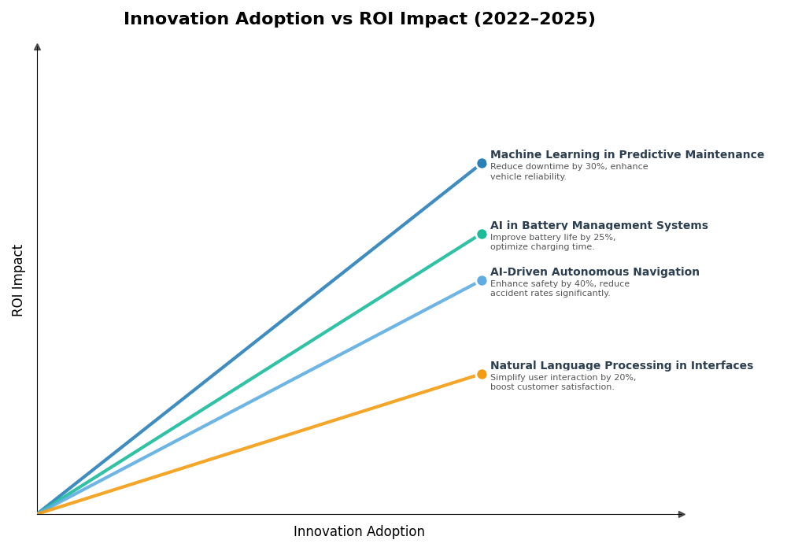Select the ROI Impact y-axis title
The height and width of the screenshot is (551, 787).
pyautogui.click(x=18, y=280)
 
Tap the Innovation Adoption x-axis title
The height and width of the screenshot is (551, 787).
pyautogui.click(x=359, y=532)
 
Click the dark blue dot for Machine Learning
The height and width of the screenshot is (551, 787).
pyautogui.click(x=482, y=164)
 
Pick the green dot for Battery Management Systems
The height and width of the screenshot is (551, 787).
pyautogui.click(x=482, y=234)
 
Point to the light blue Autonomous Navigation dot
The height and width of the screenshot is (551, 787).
pyautogui.click(x=482, y=280)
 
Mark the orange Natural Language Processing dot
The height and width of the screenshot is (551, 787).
pyautogui.click(x=482, y=375)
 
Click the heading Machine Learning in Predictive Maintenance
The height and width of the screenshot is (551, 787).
pyautogui.click(x=626, y=155)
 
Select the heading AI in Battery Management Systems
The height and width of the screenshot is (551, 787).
pyautogui.click(x=599, y=226)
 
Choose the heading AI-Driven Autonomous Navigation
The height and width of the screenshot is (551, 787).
pyautogui.click(x=594, y=272)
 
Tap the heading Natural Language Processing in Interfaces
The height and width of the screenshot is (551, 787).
pyautogui.click(x=621, y=366)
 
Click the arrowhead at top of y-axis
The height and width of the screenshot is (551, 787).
pyautogui.click(x=37, y=47)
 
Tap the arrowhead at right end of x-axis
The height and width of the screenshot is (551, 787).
pyautogui.click(x=682, y=514)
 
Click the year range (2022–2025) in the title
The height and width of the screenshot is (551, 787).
pyautogui.click(x=534, y=20)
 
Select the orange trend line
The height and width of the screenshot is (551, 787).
pyautogui.click(x=260, y=444)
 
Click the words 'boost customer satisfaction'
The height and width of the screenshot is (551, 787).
pyautogui.click(x=552, y=387)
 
